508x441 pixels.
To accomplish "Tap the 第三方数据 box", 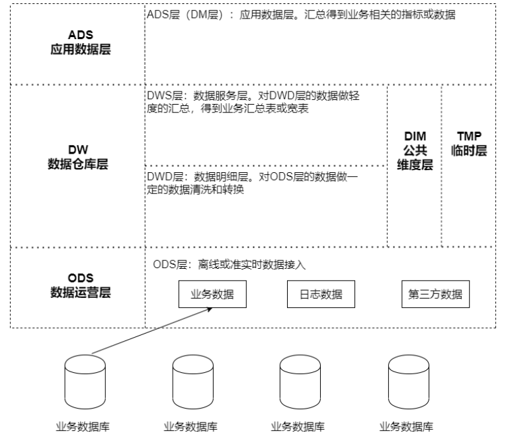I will click(435, 295).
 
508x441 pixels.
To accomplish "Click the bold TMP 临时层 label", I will click(473, 144).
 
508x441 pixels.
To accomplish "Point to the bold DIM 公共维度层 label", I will click(415, 150).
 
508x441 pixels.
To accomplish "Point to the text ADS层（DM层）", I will click(183, 15).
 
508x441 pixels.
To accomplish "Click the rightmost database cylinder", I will click(406, 379).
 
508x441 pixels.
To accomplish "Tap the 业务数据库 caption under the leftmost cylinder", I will click(81, 426).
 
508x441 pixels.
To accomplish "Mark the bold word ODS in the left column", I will click(81, 277).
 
